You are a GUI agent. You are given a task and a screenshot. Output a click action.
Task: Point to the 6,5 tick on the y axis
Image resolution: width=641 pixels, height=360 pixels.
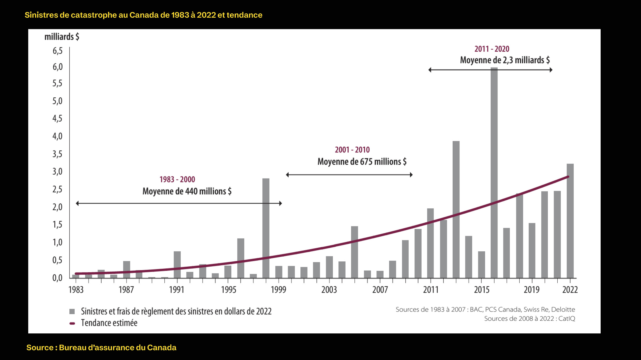(58, 51)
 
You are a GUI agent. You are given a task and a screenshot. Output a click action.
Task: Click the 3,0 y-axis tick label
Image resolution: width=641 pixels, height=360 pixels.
(58, 171)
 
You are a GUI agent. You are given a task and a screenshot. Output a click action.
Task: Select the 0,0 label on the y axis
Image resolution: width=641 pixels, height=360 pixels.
(58, 278)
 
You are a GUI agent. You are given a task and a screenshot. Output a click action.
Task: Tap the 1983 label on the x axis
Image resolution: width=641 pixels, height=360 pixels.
(76, 290)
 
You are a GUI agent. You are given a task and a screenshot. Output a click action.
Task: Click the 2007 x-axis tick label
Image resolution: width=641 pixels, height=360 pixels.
(380, 290)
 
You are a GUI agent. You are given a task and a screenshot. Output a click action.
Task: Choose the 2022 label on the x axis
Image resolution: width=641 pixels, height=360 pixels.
(570, 290)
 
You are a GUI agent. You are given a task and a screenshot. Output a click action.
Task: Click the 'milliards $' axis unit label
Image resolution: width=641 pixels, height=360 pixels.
(62, 37)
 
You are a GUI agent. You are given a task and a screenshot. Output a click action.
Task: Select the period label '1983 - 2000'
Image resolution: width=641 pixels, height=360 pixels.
(177, 179)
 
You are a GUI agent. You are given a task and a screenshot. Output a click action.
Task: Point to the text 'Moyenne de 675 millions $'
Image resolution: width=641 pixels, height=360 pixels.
(362, 161)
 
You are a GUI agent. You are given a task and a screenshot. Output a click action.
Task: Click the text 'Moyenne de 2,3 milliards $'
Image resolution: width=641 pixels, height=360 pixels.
(505, 60)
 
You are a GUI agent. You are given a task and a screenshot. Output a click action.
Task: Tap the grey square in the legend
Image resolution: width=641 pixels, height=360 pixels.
(72, 311)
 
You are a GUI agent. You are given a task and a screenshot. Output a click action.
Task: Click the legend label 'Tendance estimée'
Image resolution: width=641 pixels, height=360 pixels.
(109, 323)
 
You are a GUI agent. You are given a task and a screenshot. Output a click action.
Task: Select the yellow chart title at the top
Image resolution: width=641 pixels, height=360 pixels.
(143, 15)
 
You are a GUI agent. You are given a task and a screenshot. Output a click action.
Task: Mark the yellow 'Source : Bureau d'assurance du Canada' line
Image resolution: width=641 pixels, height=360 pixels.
(101, 348)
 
